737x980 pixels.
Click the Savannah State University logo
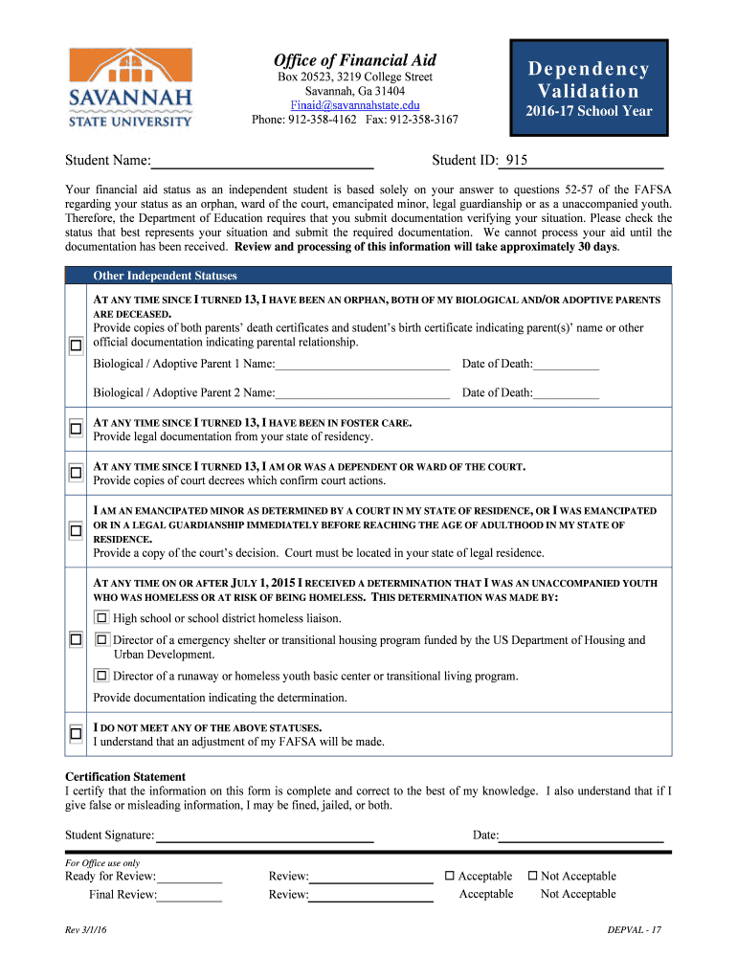click(x=130, y=87)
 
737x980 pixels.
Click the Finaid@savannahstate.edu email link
click(x=355, y=104)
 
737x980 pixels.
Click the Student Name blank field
click(x=263, y=160)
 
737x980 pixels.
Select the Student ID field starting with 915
click(x=584, y=160)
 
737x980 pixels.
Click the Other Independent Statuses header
click(x=165, y=276)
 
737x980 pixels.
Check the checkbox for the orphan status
click(x=76, y=345)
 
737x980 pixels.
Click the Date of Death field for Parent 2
click(x=567, y=392)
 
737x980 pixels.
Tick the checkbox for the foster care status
click(x=76, y=429)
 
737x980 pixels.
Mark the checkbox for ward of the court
click(x=76, y=473)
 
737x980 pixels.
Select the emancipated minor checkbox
click(x=76, y=530)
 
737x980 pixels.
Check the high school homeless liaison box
click(x=102, y=617)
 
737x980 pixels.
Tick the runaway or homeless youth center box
click(x=102, y=676)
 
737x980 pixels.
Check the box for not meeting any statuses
click(x=76, y=733)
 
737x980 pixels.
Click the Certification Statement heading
click(x=125, y=776)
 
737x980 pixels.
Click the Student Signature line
click(x=264, y=835)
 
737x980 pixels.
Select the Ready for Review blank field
click(x=190, y=876)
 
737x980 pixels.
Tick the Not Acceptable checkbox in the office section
click(x=533, y=876)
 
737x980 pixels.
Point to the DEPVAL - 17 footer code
click(x=635, y=931)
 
